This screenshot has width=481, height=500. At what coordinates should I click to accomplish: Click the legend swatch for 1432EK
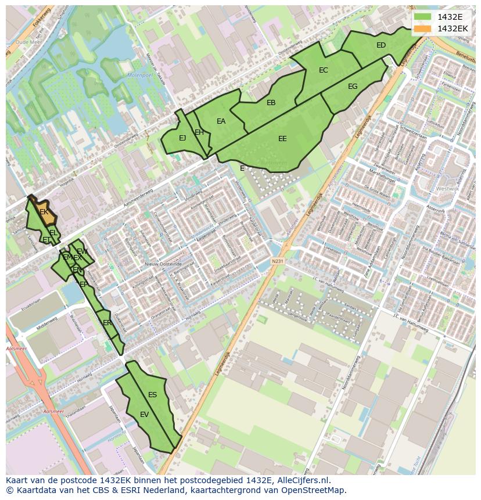pyautogui.click(x=423, y=28)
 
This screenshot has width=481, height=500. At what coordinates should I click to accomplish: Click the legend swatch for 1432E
pyautogui.click(x=423, y=17)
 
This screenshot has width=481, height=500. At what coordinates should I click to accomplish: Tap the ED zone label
pyautogui.click(x=381, y=45)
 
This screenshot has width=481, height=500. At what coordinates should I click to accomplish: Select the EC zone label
pyautogui.click(x=324, y=70)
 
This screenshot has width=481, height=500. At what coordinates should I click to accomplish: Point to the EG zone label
pyautogui.click(x=353, y=87)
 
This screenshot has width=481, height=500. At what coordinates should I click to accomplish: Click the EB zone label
pyautogui.click(x=271, y=103)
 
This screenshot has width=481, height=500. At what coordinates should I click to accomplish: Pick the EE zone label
pyautogui.click(x=282, y=139)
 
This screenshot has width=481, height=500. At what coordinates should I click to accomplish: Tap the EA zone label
pyautogui.click(x=221, y=121)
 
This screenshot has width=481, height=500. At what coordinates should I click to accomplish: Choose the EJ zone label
pyautogui.click(x=182, y=138)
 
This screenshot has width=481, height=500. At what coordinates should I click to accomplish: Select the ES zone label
pyautogui.click(x=152, y=395)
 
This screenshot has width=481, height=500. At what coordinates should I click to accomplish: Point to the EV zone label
pyautogui.click(x=145, y=415)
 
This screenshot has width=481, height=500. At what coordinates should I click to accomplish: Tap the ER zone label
pyautogui.click(x=107, y=323)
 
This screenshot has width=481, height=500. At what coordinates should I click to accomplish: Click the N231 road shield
pyautogui.click(x=277, y=262)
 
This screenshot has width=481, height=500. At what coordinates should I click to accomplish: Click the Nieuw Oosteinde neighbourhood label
pyautogui.click(x=160, y=264)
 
